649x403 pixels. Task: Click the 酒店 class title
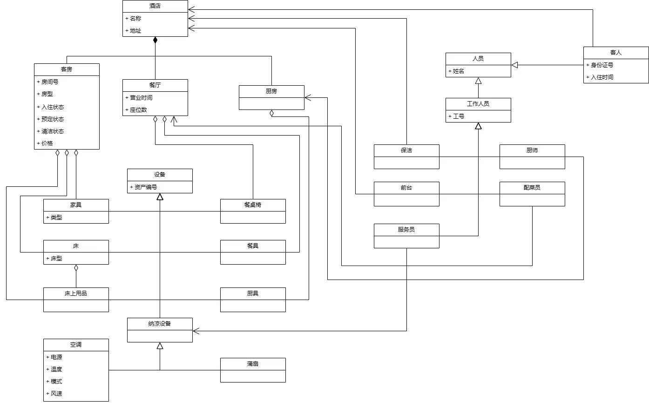tap(155, 6)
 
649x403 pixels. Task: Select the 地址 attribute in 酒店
tap(135, 31)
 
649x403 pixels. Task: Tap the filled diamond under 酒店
tap(155, 41)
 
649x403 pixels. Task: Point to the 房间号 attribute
tap(50, 82)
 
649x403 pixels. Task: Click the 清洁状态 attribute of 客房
tap(53, 131)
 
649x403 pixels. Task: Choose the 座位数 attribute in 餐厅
tap(138, 109)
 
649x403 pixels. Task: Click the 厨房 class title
tap(271, 91)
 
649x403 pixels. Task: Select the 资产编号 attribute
tap(146, 187)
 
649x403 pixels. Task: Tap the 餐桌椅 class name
tap(253, 205)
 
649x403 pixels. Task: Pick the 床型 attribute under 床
tap(56, 258)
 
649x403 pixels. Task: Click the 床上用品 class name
tap(76, 293)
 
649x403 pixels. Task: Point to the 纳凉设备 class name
tap(160, 323)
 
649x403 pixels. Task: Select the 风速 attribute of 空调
tap(56, 393)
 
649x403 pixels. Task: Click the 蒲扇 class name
tap(253, 363)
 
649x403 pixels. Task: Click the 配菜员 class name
tap(532, 188)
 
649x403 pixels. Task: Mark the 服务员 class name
tap(406, 230)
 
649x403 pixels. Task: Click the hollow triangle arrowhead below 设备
tap(160, 197)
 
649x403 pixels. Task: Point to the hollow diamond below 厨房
tap(271, 113)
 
